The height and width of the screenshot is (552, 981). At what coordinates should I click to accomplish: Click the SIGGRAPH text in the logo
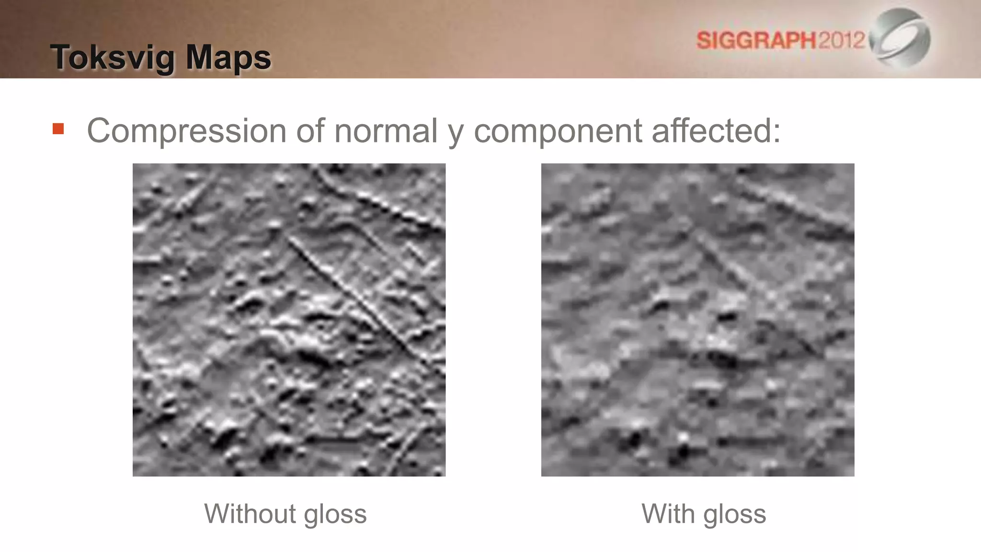[x=756, y=40]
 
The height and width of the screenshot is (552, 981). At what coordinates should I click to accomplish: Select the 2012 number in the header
[x=842, y=40]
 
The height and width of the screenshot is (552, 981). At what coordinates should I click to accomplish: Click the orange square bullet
[x=58, y=129]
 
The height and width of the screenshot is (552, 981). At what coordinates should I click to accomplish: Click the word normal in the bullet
[x=386, y=130]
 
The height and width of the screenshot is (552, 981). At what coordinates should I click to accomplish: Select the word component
[x=558, y=130]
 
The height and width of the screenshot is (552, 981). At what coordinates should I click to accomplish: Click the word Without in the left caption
[x=250, y=514]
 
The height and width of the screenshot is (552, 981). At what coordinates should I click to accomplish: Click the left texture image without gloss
[x=289, y=320]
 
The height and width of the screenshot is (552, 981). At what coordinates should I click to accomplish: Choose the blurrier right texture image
[x=697, y=320]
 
